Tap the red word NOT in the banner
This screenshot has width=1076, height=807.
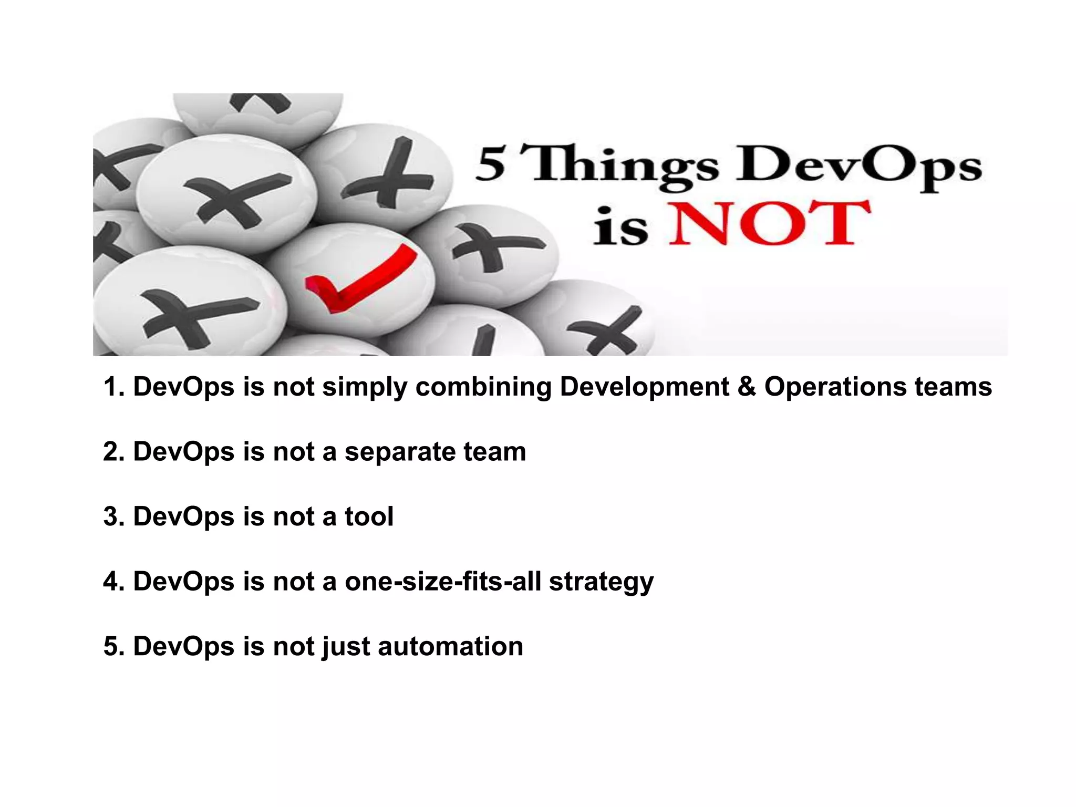pyautogui.click(x=769, y=223)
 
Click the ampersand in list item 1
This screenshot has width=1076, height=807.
pyautogui.click(x=746, y=387)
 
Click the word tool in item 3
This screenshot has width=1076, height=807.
pyautogui.click(x=369, y=516)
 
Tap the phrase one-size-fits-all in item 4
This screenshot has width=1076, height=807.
pyautogui.click(x=442, y=582)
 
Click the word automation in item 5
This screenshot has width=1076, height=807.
pyautogui.click(x=450, y=646)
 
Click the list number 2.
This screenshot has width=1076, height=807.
pyautogui.click(x=113, y=452)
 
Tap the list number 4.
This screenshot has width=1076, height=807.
pyautogui.click(x=113, y=582)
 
